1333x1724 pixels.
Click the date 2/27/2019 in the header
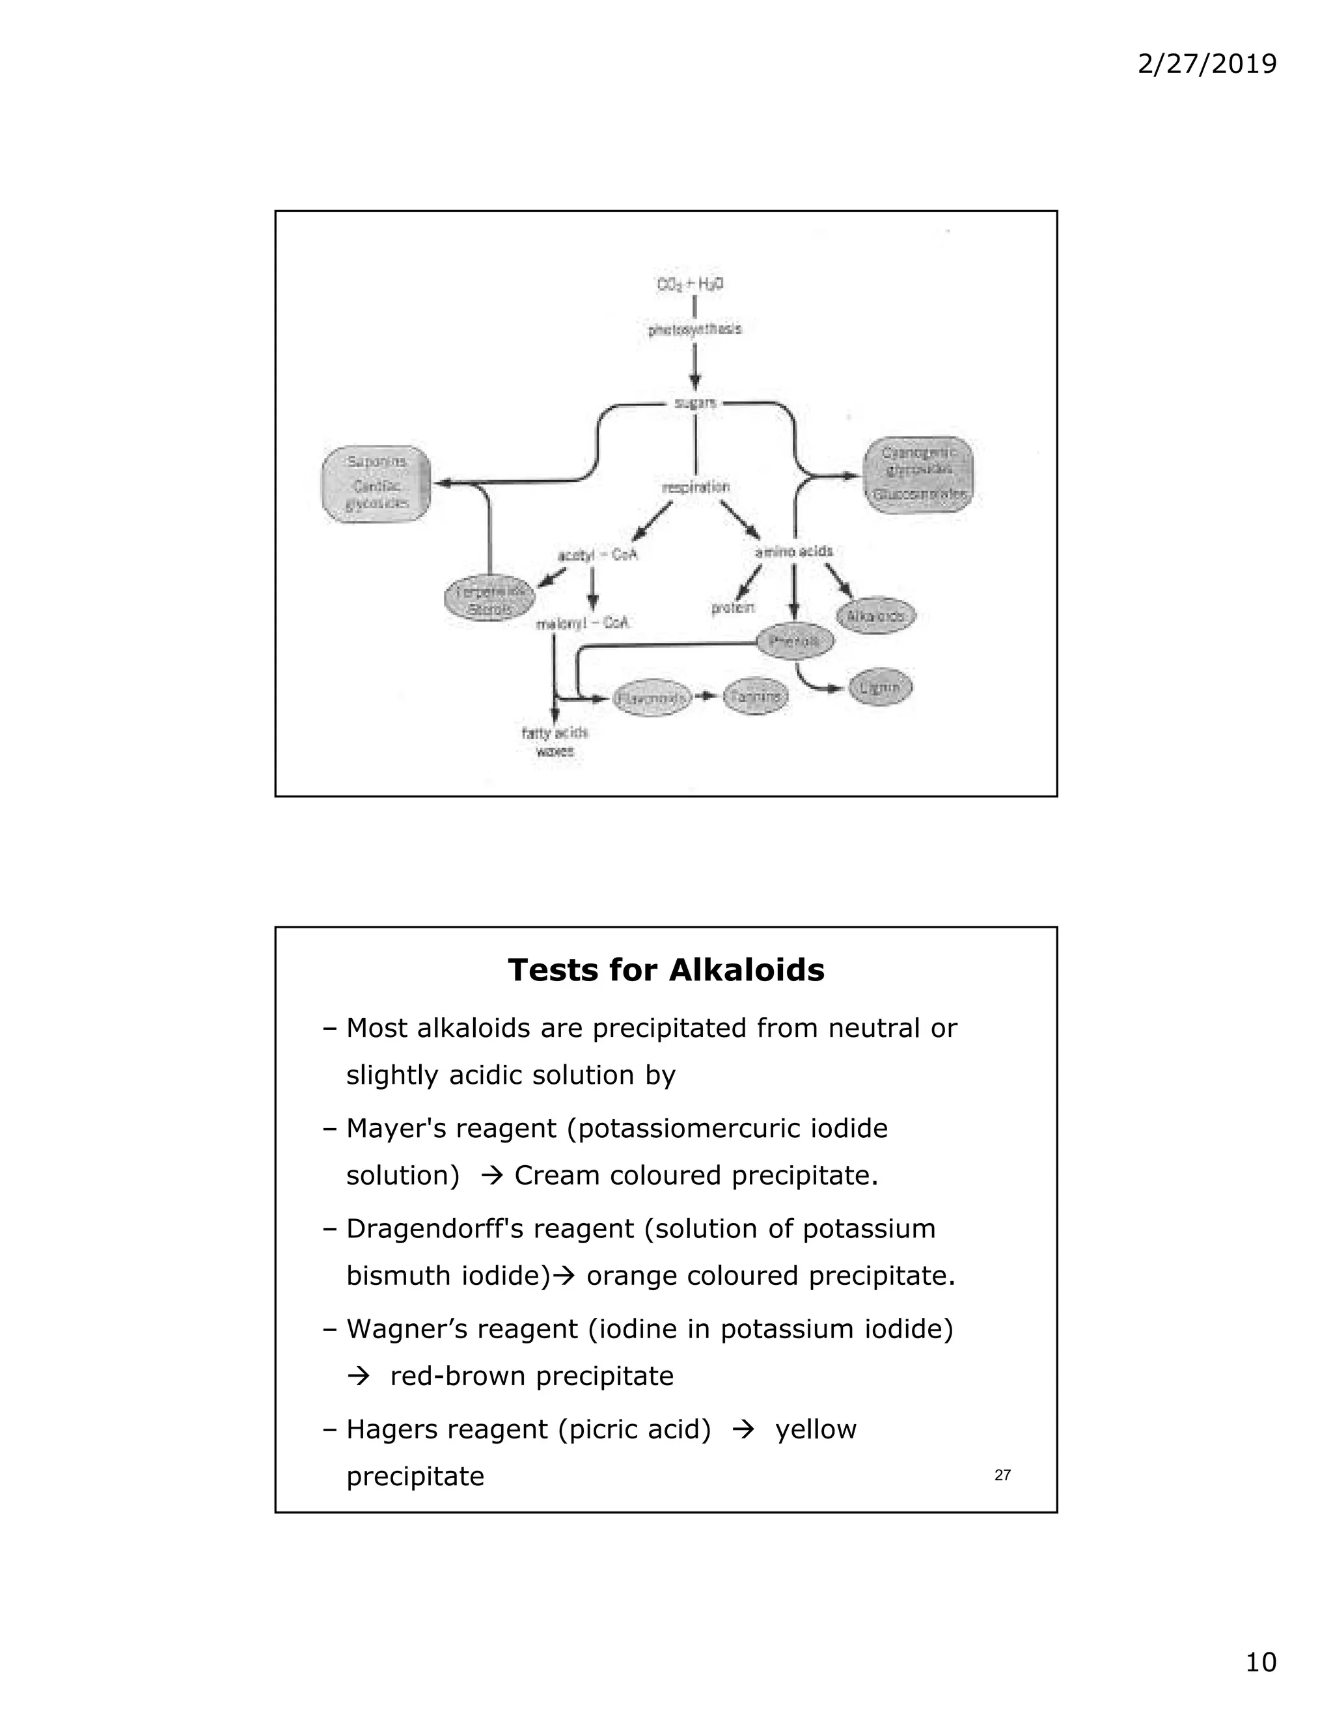click(x=1207, y=64)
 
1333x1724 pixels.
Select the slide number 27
click(x=1002, y=1475)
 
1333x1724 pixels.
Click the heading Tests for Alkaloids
click(x=666, y=970)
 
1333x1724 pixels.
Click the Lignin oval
click(x=881, y=688)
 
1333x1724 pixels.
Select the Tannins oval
click(x=756, y=696)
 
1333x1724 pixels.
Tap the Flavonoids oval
click(x=652, y=698)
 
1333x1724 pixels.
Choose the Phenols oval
click(x=795, y=641)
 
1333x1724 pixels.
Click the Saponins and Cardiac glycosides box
click(x=377, y=483)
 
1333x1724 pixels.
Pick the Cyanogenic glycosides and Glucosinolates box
click(x=918, y=474)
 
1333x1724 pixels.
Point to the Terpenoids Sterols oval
click(x=488, y=600)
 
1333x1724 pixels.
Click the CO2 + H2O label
click(x=690, y=284)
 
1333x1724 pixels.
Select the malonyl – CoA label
click(x=583, y=624)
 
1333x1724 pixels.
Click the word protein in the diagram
click(x=733, y=608)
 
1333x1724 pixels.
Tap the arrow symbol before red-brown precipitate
click(x=359, y=1377)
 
